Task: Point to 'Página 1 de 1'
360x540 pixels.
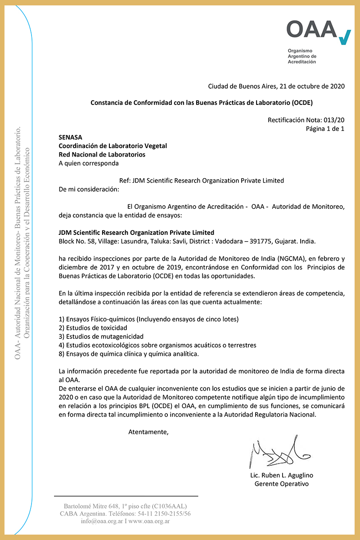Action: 325,129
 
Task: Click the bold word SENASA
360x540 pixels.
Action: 71,138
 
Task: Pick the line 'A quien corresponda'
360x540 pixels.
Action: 89,163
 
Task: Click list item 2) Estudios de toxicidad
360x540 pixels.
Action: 93,328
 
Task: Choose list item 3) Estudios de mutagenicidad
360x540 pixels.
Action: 101,336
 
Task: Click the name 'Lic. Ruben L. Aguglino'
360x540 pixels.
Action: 282,475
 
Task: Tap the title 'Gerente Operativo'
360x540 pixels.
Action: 282,484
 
